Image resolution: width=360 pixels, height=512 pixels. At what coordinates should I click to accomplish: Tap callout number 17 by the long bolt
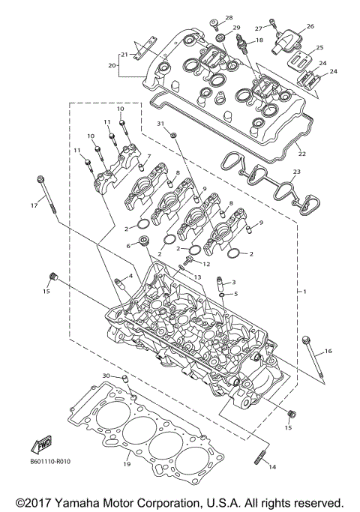(33, 205)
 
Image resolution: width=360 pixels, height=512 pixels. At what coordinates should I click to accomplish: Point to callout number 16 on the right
(328, 351)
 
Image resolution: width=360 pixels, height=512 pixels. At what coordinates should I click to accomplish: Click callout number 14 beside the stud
(271, 467)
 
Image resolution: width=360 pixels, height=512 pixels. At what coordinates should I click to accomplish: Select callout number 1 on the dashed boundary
(304, 291)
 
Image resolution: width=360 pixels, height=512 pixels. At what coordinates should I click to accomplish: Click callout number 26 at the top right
(310, 26)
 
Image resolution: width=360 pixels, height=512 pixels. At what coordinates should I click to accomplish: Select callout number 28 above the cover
(229, 17)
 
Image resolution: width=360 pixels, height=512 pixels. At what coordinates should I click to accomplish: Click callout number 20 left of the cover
(113, 66)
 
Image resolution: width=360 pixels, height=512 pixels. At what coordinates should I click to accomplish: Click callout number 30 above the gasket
(106, 376)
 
